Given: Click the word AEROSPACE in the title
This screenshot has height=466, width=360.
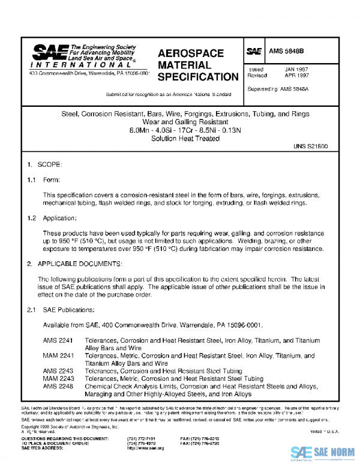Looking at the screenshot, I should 191,53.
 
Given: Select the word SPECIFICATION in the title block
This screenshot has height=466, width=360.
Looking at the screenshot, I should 198,77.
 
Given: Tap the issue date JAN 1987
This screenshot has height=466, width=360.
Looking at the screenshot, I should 296,70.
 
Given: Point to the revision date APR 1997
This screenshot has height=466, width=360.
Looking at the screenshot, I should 296,77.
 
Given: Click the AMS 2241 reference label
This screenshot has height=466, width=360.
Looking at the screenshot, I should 58,340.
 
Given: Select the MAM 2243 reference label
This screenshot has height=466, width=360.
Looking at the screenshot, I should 58,379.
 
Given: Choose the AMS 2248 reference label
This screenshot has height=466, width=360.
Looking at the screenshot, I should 58,387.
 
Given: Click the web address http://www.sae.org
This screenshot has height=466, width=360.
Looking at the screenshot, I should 145,448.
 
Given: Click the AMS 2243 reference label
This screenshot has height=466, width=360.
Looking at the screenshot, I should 58,371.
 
